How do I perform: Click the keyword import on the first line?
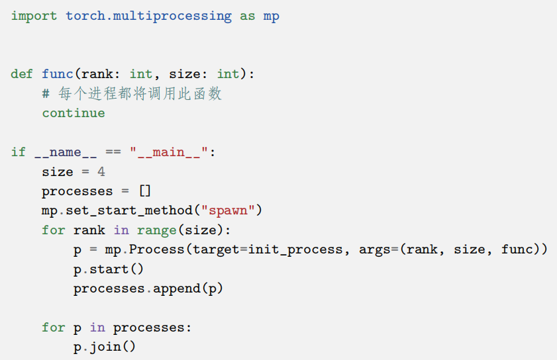point(34,16)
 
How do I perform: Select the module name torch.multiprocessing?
point(148,16)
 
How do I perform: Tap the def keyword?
point(22,74)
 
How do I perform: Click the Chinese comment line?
point(131,94)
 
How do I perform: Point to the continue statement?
point(73,113)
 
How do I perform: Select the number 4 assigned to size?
point(101,172)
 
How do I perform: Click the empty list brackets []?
point(145,191)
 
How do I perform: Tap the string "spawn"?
point(228,211)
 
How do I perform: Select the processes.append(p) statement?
point(148,289)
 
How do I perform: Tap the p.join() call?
point(105,347)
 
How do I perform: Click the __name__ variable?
point(66,152)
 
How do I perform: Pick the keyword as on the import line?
point(247,16)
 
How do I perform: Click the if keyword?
point(18,152)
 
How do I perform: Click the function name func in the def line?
point(58,74)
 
